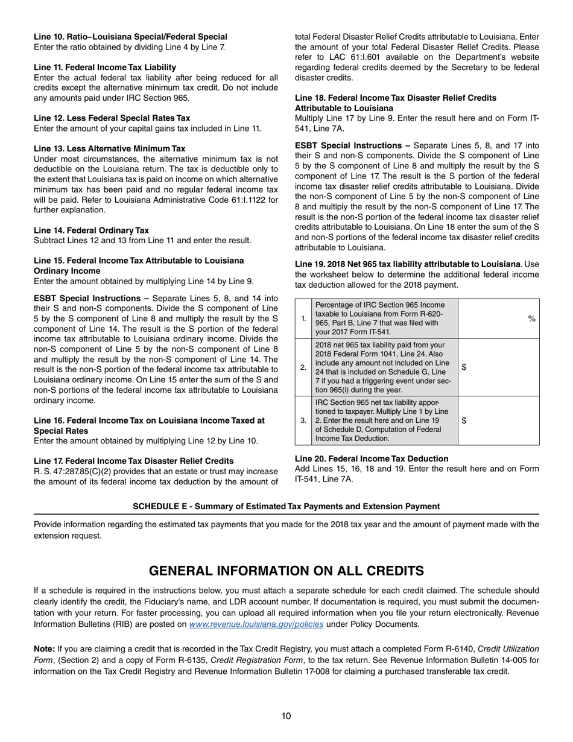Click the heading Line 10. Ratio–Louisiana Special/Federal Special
(x=130, y=37)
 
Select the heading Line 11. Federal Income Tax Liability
(x=105, y=67)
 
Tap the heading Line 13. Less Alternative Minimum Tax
(x=109, y=148)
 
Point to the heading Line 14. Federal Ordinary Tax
(x=91, y=230)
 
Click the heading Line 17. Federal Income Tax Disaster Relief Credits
(x=133, y=461)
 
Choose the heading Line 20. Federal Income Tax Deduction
(x=372, y=458)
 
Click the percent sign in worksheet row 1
(x=531, y=318)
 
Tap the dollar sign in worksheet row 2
(x=464, y=367)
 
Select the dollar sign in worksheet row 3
(x=464, y=420)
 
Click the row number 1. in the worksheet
(x=303, y=318)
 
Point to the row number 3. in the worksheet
(x=303, y=420)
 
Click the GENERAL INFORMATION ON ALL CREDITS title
(x=286, y=571)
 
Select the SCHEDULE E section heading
(x=286, y=506)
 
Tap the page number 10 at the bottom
(x=286, y=716)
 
